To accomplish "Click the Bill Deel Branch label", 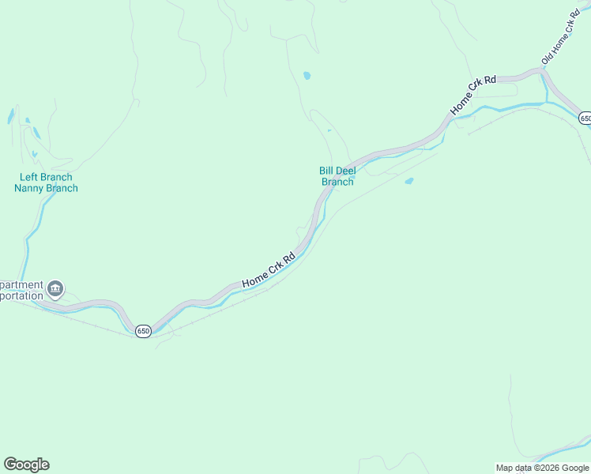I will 337,175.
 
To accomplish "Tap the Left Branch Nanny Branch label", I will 46,182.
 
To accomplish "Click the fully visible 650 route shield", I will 142,331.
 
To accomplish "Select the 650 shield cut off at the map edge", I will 585,118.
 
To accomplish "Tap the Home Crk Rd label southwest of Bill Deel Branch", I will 269,269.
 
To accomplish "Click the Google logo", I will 26,465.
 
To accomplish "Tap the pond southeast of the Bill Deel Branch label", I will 408,181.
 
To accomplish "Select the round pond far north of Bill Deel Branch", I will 307,76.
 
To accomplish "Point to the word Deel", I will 348,170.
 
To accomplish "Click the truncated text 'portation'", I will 21,295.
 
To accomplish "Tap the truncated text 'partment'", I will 22,284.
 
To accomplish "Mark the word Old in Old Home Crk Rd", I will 548,58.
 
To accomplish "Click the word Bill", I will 327,170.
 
